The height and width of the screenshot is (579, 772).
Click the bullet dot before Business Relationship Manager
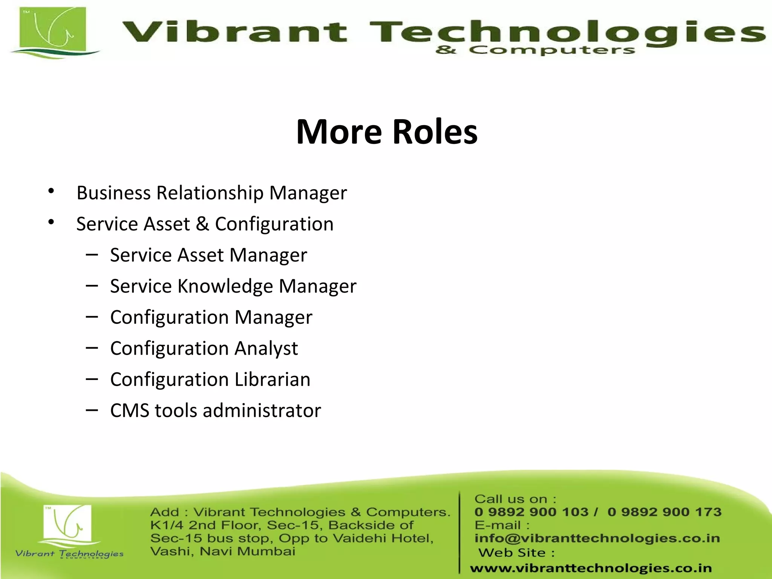tap(51, 191)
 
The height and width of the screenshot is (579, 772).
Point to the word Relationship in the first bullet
tap(210, 193)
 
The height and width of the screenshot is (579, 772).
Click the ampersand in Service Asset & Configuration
tap(202, 224)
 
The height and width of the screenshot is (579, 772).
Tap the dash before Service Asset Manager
tap(92, 255)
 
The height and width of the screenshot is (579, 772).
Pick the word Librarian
tap(272, 380)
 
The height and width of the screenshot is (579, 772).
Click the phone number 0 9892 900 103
tap(531, 512)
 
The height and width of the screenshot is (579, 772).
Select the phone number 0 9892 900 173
tap(664, 512)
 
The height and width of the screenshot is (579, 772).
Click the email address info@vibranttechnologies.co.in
tap(597, 538)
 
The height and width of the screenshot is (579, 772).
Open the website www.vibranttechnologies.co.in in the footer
tap(591, 568)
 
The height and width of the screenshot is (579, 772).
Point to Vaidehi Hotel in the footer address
tap(383, 538)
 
